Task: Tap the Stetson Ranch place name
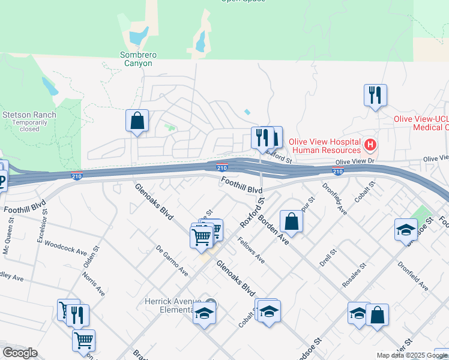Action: coord(29,115)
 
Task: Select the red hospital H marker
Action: coord(370,145)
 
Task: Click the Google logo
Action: coord(20,353)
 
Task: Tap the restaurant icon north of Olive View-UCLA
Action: coord(375,95)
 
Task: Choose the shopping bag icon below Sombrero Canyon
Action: coord(137,120)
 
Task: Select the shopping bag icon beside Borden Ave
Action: coord(291,220)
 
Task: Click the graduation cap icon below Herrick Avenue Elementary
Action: coord(204,313)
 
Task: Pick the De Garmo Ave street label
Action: coord(172,260)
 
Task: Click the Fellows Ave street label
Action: coord(251,250)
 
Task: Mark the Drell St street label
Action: coord(327,257)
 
